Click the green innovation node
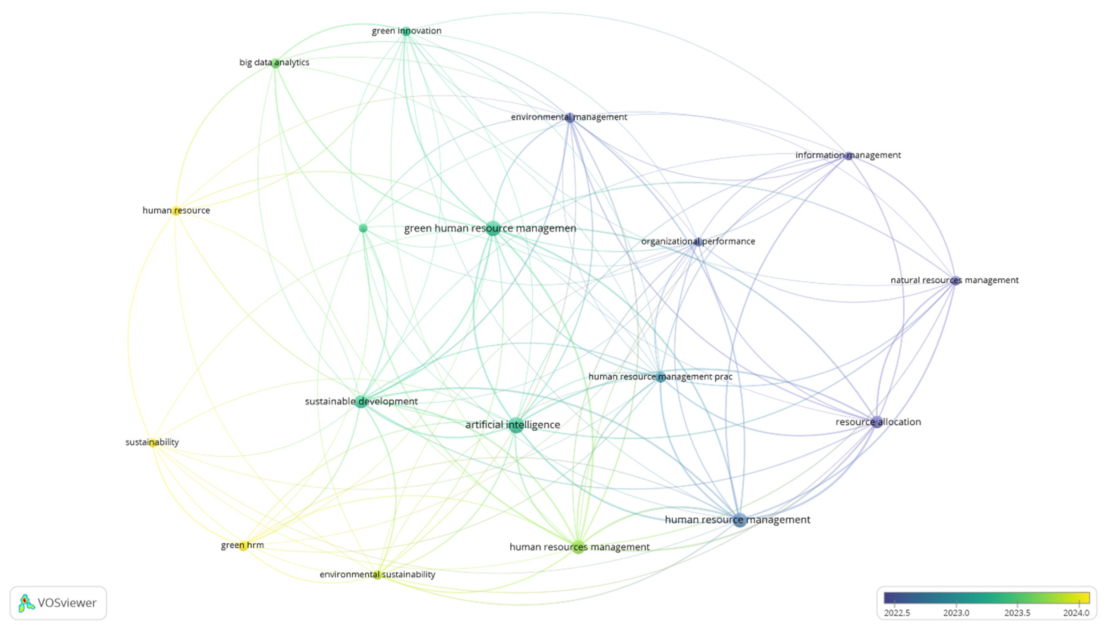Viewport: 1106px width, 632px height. (x=406, y=31)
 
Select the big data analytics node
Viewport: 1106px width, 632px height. (x=275, y=63)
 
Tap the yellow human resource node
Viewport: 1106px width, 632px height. (x=176, y=211)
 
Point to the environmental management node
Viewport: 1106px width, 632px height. (x=570, y=117)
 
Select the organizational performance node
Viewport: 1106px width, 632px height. (x=698, y=242)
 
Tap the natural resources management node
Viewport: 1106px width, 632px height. (x=955, y=281)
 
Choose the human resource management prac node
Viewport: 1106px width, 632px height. (x=660, y=377)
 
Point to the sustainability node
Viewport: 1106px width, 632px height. (x=152, y=443)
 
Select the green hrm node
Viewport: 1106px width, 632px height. (x=243, y=546)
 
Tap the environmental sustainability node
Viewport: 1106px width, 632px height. (x=378, y=575)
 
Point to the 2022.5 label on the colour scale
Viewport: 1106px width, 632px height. (x=897, y=613)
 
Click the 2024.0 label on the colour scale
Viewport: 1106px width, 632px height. (x=1076, y=613)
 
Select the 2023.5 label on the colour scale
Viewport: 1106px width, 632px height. (x=1017, y=613)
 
